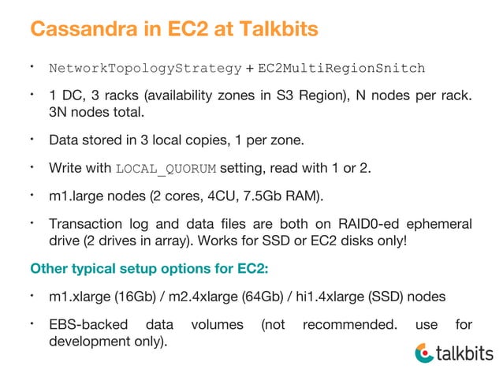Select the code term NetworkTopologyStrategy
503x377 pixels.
145,69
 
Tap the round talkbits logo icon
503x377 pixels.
423,353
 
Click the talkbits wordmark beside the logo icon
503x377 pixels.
465,353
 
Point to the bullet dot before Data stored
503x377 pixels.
34,140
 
